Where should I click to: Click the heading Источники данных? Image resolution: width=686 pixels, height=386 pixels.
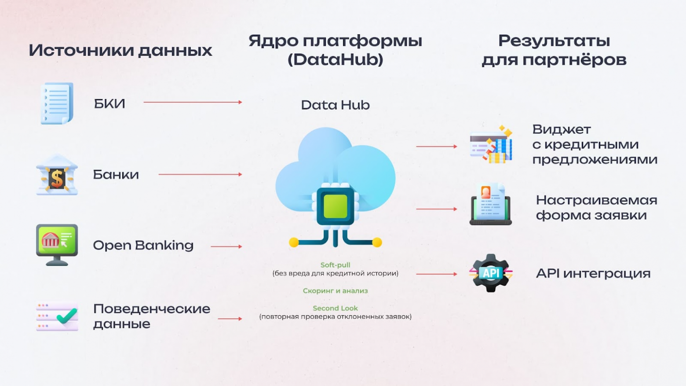coord(120,50)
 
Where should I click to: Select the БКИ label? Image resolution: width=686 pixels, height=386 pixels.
coord(109,103)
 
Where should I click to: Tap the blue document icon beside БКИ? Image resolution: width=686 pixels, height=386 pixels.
coord(57,103)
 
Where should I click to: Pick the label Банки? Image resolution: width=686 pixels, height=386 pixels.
coord(116,175)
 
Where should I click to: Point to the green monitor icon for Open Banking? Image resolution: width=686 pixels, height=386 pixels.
coord(57,244)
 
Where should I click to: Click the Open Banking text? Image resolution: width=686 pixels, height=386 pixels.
coord(143,245)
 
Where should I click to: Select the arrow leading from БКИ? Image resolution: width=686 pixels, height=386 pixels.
coord(193,102)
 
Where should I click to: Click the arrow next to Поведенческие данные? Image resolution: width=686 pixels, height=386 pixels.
coord(230,319)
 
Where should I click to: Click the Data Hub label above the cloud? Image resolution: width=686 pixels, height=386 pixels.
coord(335,105)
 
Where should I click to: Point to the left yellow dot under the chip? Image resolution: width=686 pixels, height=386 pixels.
coord(294,242)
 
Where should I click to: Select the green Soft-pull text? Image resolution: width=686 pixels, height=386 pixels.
coord(335,265)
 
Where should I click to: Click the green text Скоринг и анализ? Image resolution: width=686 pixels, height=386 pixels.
coord(335,291)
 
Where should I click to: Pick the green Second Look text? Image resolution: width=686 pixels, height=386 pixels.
coord(335,308)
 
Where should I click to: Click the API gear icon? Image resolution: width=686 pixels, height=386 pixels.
coord(490,273)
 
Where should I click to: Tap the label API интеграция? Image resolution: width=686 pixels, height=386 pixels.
coord(593,273)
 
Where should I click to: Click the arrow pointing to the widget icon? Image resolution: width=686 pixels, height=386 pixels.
coord(436,146)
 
